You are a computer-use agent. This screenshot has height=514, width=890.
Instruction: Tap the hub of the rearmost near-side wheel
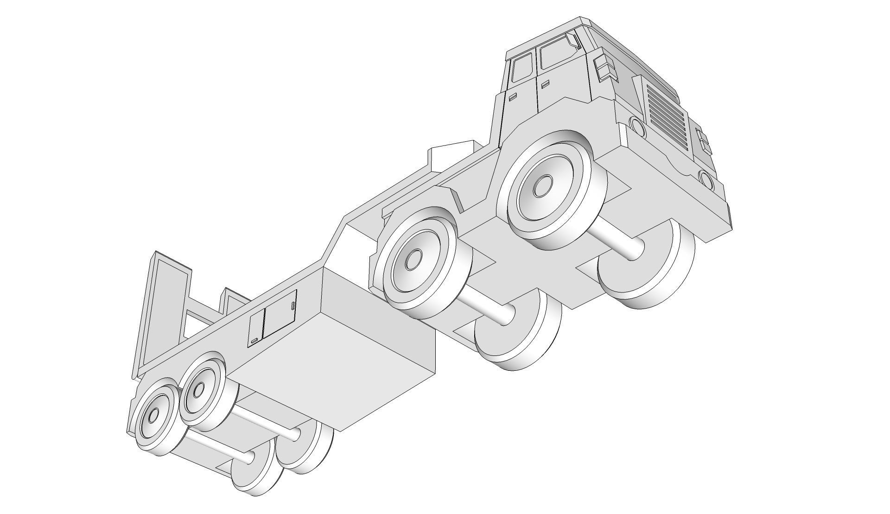154,414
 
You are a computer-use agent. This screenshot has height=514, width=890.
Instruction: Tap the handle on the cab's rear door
513,97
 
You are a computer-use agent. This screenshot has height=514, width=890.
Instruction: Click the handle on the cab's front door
545,84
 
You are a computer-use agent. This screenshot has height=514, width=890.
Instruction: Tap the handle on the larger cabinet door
293,305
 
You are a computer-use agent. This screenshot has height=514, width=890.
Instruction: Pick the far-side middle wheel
524,334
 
